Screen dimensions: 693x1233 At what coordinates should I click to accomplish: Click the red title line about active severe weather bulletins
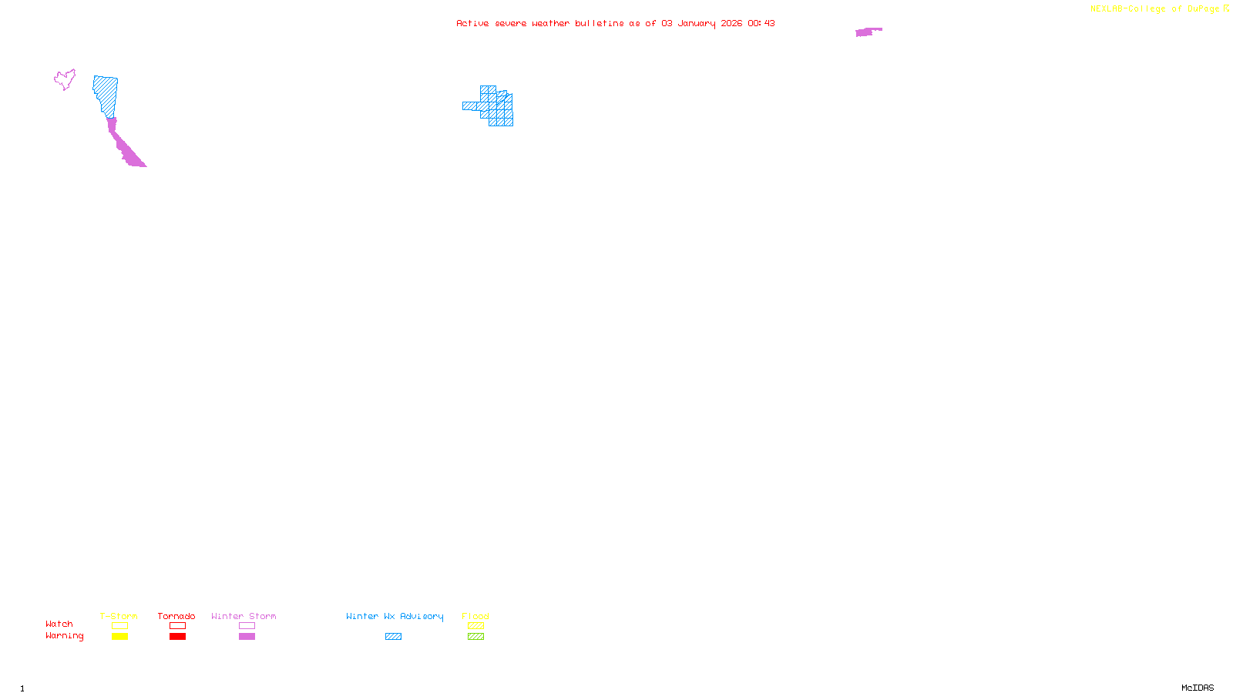pos(615,23)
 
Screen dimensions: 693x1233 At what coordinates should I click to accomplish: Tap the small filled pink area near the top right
pos(866,32)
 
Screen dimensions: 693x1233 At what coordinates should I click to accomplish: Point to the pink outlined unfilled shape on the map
pos(65,79)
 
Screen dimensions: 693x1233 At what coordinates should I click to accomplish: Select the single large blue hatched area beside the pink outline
pos(106,94)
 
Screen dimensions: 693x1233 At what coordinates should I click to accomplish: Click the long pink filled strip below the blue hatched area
pos(124,146)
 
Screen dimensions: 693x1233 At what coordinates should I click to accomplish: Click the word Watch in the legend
pos(59,624)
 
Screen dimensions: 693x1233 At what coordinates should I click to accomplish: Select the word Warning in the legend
pos(65,636)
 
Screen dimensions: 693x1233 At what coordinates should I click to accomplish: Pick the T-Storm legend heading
pos(119,616)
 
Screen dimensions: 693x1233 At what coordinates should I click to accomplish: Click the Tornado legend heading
pos(176,616)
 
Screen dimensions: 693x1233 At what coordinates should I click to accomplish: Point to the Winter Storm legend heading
pos(244,616)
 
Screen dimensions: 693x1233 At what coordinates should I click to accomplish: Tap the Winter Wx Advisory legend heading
pos(395,616)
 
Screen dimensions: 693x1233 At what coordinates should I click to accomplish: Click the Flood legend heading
pos(475,616)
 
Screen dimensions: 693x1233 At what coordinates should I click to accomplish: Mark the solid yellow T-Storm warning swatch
pos(119,637)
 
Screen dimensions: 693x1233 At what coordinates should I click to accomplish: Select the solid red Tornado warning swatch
pos(177,637)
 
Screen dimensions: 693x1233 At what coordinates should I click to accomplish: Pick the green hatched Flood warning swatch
pos(475,637)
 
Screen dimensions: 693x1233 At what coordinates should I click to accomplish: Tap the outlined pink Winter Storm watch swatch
pos(247,626)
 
